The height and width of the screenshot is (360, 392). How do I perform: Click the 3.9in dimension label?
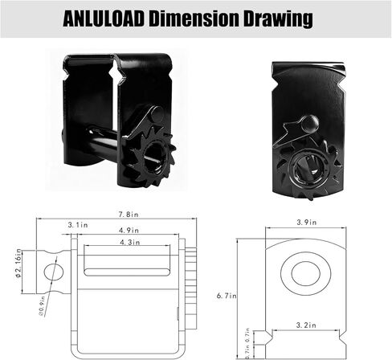pos(306,222)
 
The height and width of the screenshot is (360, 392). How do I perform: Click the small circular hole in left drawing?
pos(51,271)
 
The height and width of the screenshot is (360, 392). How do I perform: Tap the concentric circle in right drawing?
pos(305,274)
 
